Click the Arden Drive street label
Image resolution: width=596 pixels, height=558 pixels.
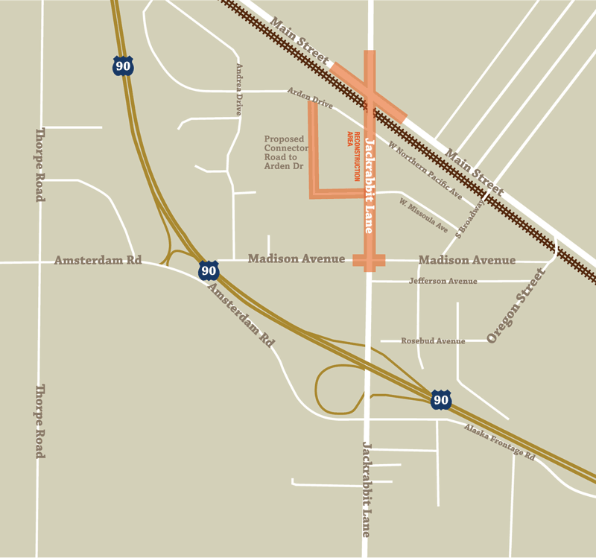(x=310, y=98)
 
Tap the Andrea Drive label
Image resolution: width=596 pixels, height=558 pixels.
(x=239, y=89)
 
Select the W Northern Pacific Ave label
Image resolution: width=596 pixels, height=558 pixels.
(x=425, y=171)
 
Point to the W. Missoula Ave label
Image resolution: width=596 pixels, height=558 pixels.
(x=423, y=215)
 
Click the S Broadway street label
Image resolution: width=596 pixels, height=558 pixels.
(x=470, y=217)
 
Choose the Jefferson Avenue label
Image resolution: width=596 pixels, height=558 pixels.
(x=443, y=281)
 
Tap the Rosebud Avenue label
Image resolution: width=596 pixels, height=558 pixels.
(x=433, y=341)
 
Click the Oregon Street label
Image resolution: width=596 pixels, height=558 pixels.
(x=516, y=305)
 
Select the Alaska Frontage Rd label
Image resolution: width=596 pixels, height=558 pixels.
(x=499, y=442)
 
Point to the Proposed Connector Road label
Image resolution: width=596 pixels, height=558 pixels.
(x=285, y=153)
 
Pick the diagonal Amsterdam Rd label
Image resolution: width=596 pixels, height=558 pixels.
(x=241, y=314)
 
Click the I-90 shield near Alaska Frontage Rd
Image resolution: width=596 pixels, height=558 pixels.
(x=441, y=399)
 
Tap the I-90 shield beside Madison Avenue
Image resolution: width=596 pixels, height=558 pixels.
(x=209, y=270)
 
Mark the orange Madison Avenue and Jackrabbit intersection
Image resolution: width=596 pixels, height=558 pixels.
(x=369, y=260)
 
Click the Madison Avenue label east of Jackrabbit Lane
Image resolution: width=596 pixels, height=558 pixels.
(x=467, y=260)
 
